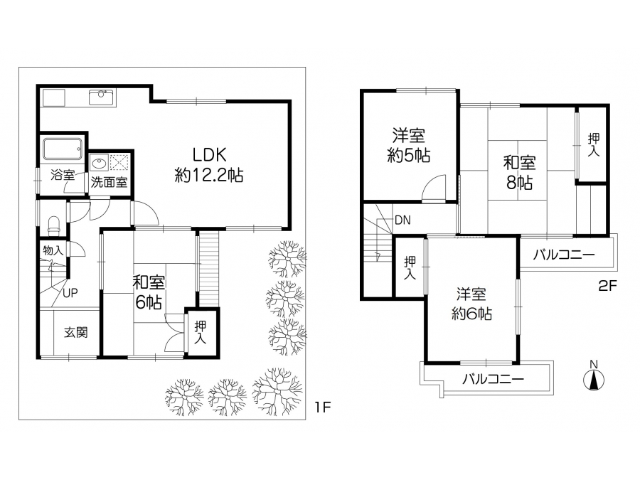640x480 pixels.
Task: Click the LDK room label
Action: point(209,165)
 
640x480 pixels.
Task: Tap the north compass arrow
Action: point(594,379)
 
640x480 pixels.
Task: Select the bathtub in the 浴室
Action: point(63,149)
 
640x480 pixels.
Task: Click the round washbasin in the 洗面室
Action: point(99,164)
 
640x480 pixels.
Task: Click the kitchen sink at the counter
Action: point(101,97)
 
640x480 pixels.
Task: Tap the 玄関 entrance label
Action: point(75,332)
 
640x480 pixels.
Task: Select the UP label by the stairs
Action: point(70,293)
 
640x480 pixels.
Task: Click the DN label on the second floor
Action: point(402,220)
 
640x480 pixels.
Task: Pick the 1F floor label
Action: point(322,407)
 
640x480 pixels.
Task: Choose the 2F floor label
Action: point(607,285)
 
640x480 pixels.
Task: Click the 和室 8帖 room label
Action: point(519,173)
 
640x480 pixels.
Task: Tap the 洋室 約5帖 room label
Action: point(409,145)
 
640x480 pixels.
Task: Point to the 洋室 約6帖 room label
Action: point(471,304)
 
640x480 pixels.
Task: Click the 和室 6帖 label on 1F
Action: point(149,292)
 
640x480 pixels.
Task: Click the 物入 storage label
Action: point(53,250)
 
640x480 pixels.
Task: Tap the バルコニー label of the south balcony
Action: point(493,379)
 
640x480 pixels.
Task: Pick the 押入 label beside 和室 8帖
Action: point(594,144)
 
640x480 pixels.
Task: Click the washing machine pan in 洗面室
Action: point(119,163)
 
